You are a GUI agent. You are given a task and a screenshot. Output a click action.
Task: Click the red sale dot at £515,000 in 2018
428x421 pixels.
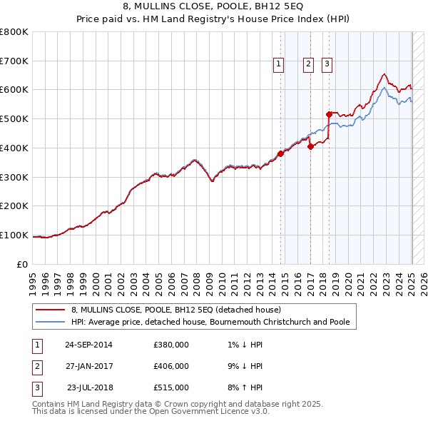point(329,114)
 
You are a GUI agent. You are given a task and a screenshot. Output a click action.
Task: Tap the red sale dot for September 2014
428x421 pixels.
point(281,153)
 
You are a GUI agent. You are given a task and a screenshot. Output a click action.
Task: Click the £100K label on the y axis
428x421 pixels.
point(14,235)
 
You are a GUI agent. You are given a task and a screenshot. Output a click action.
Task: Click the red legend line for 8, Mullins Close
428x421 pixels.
point(51,310)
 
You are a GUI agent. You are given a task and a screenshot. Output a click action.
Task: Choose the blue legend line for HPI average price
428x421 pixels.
point(51,322)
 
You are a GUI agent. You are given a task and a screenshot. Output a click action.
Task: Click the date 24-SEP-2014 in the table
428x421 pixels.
point(88,345)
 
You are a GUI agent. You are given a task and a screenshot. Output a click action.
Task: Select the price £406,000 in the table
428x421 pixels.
point(171,366)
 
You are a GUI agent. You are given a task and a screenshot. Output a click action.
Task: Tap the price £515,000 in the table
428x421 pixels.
point(171,387)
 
